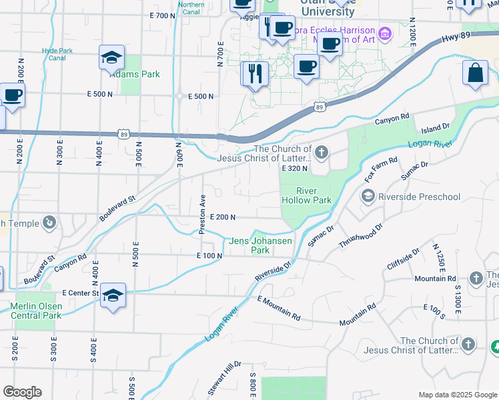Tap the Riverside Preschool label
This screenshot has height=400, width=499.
coord(419,197)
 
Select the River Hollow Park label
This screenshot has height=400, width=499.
coord(306,195)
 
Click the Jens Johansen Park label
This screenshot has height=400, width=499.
coord(250,246)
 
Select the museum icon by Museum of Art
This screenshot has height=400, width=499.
coord(384,33)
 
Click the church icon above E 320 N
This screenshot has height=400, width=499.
coord(322,154)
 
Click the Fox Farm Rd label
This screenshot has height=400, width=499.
coord(381,170)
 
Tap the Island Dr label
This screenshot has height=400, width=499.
coord(436,126)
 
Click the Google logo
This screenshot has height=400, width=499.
coord(22,392)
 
